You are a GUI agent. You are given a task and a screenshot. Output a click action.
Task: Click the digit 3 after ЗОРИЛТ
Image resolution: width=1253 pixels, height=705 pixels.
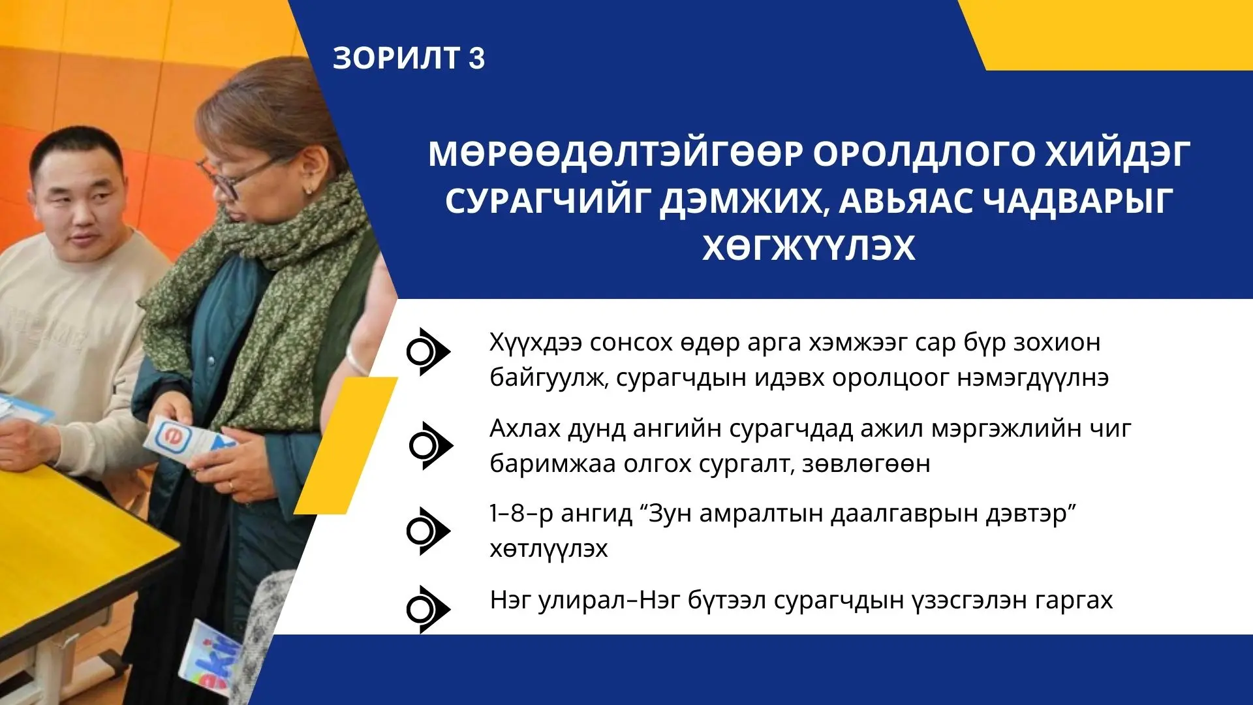[476, 58]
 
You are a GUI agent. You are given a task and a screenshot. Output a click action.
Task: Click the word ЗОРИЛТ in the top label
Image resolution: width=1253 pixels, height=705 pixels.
[396, 58]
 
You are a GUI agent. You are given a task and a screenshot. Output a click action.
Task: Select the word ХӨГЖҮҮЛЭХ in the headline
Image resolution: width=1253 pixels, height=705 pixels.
[809, 248]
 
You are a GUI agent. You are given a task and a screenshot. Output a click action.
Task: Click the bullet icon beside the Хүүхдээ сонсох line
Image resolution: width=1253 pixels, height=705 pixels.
[428, 352]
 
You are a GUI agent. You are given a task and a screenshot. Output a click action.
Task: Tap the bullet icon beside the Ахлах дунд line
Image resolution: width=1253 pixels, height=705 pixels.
[431, 446]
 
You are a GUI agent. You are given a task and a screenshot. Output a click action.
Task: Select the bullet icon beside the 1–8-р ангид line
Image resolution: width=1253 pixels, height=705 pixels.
[428, 531]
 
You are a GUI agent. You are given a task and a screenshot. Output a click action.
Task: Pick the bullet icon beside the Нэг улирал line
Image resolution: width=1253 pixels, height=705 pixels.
[428, 610]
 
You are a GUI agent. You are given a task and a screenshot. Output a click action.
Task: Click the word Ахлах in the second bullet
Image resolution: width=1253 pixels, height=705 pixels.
[524, 429]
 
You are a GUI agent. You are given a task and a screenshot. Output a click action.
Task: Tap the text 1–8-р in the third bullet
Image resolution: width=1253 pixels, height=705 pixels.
[521, 514]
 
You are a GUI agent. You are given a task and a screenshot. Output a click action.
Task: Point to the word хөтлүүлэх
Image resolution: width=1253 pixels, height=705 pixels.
[549, 549]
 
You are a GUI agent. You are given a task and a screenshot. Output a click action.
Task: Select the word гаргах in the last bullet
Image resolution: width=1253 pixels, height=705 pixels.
[1074, 601]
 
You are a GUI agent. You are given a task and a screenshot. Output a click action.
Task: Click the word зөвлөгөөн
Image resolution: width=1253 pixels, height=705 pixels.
[866, 465]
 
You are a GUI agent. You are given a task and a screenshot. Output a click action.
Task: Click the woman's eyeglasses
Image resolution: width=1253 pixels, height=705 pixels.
[245, 174]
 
